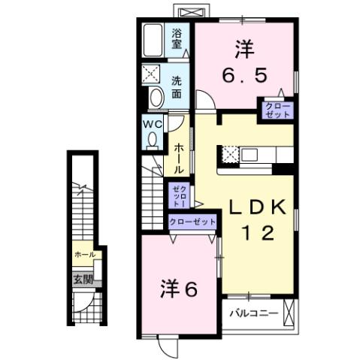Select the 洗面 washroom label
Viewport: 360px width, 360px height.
click(177, 87)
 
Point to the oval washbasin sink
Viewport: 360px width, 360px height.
click(156, 97)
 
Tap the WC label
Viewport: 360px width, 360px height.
click(150, 123)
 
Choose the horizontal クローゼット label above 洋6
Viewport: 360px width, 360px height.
click(192, 222)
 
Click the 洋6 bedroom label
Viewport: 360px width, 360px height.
click(180, 289)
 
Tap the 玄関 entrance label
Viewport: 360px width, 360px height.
click(83, 278)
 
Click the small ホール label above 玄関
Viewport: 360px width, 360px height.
click(84, 255)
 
